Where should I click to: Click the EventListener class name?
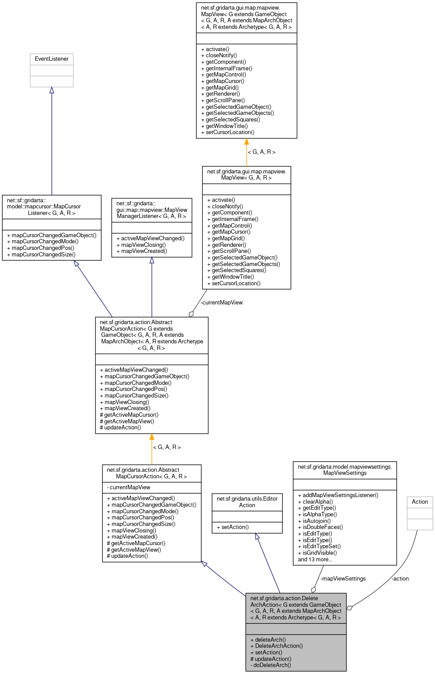pyautogui.click(x=51, y=59)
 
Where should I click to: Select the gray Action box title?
pyautogui.click(x=420, y=502)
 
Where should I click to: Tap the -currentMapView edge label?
pyautogui.click(x=221, y=303)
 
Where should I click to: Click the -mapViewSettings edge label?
pyautogui.click(x=343, y=579)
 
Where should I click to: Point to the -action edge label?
pyautogui.click(x=400, y=579)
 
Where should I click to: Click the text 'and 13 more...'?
pyautogui.click(x=315, y=560)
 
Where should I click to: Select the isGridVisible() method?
pyautogui.click(x=319, y=553)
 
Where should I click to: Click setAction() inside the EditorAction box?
pyautogui.click(x=233, y=527)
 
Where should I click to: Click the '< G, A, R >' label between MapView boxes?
pyautogui.click(x=261, y=152)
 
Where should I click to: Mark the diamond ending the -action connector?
pyautogui.click(x=349, y=608)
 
